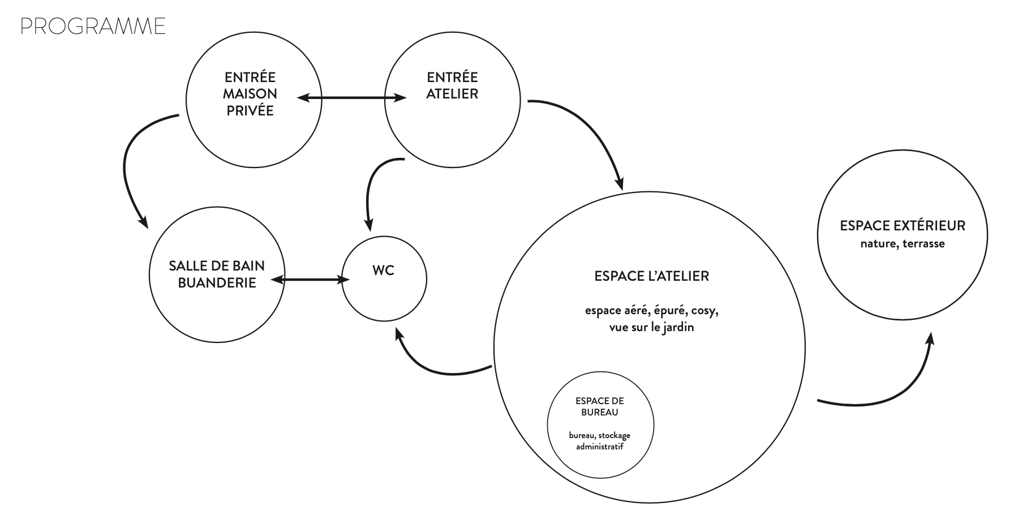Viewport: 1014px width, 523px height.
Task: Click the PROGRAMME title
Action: pyautogui.click(x=93, y=27)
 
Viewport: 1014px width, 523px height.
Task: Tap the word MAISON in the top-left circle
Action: pyautogui.click(x=250, y=94)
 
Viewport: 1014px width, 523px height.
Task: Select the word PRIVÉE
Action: pyautogui.click(x=250, y=111)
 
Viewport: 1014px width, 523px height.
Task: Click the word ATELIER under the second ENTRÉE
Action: pyautogui.click(x=452, y=94)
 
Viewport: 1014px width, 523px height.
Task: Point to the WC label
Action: pyautogui.click(x=383, y=271)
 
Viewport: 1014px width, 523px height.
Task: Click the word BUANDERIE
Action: pyautogui.click(x=217, y=283)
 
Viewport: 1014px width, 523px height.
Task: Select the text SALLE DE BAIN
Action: pyautogui.click(x=217, y=266)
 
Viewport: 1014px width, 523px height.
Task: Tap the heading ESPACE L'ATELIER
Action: pyautogui.click(x=651, y=276)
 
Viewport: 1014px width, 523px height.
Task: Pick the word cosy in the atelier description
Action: pyautogui.click(x=705, y=311)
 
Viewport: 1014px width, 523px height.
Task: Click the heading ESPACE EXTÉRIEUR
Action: pyautogui.click(x=903, y=226)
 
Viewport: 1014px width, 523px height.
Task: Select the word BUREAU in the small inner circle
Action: pyautogui.click(x=600, y=413)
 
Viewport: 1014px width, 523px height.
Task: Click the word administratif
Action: pyautogui.click(x=600, y=447)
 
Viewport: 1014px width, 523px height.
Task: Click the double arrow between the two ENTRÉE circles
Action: pyautogui.click(x=352, y=98)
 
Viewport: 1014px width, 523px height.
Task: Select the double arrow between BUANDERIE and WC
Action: pyautogui.click(x=310, y=280)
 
